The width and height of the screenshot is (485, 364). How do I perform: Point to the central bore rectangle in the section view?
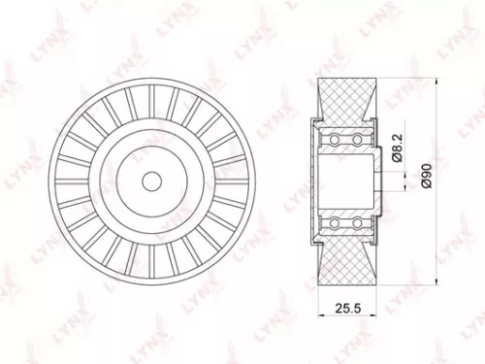pos(345,182)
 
